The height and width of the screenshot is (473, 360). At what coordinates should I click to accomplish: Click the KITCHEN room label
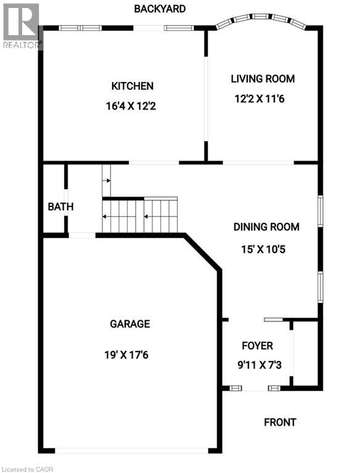[x=132, y=86]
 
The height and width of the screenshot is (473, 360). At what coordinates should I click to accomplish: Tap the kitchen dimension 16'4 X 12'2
[x=132, y=106]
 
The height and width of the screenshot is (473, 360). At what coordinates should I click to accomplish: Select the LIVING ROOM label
[x=263, y=79]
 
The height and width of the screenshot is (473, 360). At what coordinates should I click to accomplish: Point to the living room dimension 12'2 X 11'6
[x=263, y=98]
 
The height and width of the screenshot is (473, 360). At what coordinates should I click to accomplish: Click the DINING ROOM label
[x=266, y=227]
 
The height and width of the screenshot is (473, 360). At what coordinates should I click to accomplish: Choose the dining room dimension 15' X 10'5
[x=266, y=250]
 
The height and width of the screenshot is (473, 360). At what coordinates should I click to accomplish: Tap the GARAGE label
[x=129, y=324]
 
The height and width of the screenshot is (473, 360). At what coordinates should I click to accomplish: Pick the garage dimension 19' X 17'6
[x=129, y=355]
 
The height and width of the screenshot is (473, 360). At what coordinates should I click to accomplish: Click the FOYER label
[x=257, y=346]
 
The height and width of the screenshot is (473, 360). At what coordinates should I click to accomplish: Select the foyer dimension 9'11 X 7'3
[x=257, y=364]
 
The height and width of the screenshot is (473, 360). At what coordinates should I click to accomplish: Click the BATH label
[x=60, y=207]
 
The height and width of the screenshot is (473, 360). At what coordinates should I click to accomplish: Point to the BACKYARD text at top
[x=160, y=9]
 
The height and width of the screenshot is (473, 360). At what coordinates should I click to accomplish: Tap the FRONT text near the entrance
[x=280, y=422]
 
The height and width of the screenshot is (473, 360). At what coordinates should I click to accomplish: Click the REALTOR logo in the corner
[x=22, y=25]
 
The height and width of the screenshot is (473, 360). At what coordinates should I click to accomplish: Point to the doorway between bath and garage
[x=82, y=235]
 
